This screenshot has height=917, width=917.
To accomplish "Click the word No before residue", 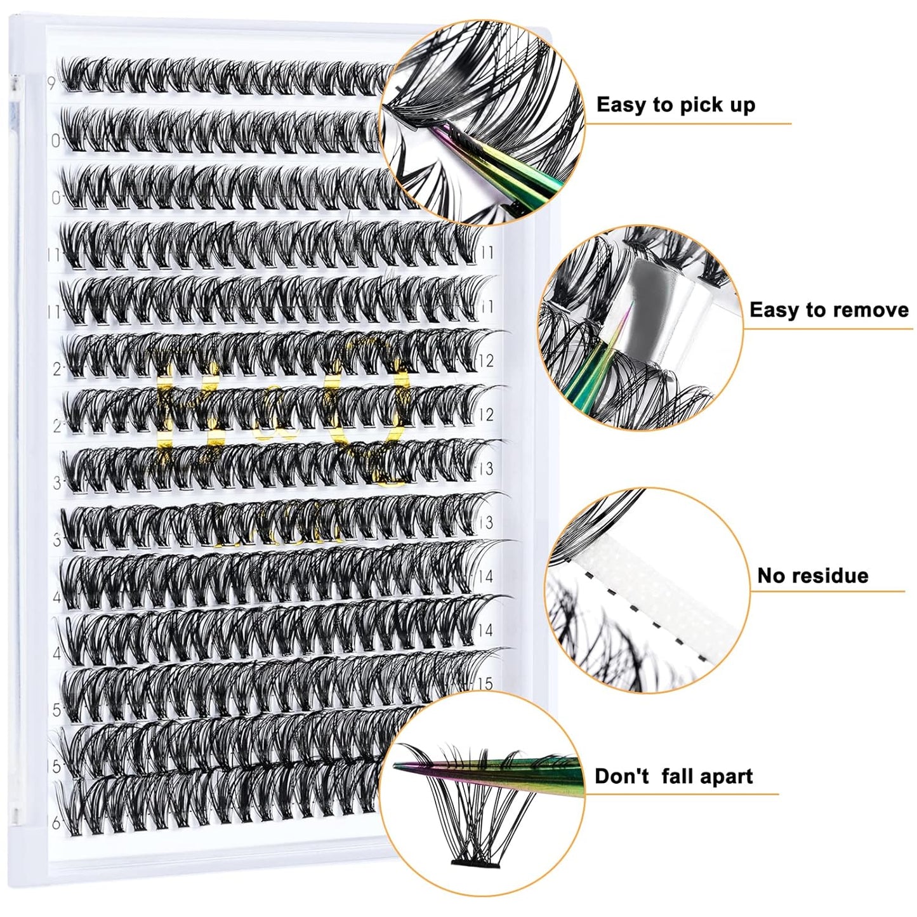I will coord(771,576).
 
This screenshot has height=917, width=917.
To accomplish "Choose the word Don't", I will coord(622,776).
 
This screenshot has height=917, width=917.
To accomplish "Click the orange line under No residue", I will coord(825,591).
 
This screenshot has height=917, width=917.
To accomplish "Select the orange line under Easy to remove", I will coord(825,329).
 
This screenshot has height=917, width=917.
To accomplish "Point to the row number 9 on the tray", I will coord(51,83).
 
